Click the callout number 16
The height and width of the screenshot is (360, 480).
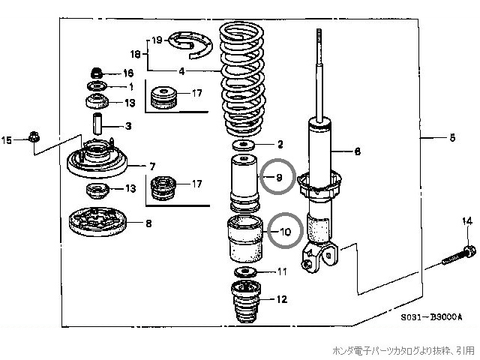pos(127,73)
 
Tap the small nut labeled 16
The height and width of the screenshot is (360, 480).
pos(97,73)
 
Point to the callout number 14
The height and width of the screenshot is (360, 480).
pos(466,220)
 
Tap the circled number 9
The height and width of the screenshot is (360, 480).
pos(278,178)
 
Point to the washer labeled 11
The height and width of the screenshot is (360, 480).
pos(243,271)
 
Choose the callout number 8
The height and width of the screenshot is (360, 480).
pos(148,222)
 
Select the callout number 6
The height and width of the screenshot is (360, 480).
pos(358,151)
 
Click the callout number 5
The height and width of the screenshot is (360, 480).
pos(451,138)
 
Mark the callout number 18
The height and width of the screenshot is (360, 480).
pos(136,55)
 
